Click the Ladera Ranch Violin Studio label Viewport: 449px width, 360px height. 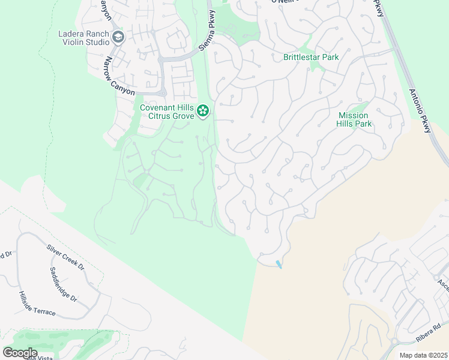coord(83,38)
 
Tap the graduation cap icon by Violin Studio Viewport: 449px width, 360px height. coord(118,38)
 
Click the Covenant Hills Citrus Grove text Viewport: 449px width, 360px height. coord(167,111)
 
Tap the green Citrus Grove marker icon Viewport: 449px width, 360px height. coord(203,110)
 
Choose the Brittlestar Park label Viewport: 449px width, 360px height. coord(311,58)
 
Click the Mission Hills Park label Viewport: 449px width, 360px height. coord(355,119)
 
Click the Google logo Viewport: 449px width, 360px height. coord(20,353)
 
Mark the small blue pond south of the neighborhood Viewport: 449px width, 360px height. coord(279,264)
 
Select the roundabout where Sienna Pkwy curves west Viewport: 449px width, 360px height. coord(162,60)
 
